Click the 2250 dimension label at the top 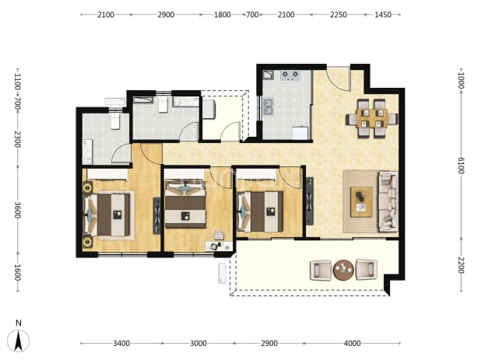pos(339,15)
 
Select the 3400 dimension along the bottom pos(121,344)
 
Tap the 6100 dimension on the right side pos(461,166)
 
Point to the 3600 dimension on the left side pos(17,210)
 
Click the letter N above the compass pos(19,323)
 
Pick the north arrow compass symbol pos(19,341)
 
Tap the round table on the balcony pos(343,271)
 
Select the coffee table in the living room pos(362,202)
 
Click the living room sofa pos(388,201)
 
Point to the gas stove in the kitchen pos(290,75)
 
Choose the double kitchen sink pos(269,107)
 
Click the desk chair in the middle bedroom pos(219,235)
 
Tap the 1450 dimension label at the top pos(383,15)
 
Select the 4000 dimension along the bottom pos(352,344)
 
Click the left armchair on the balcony pos(321,271)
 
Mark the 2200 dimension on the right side pos(461,265)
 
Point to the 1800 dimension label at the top pos(222,15)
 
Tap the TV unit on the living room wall pos(310,201)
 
